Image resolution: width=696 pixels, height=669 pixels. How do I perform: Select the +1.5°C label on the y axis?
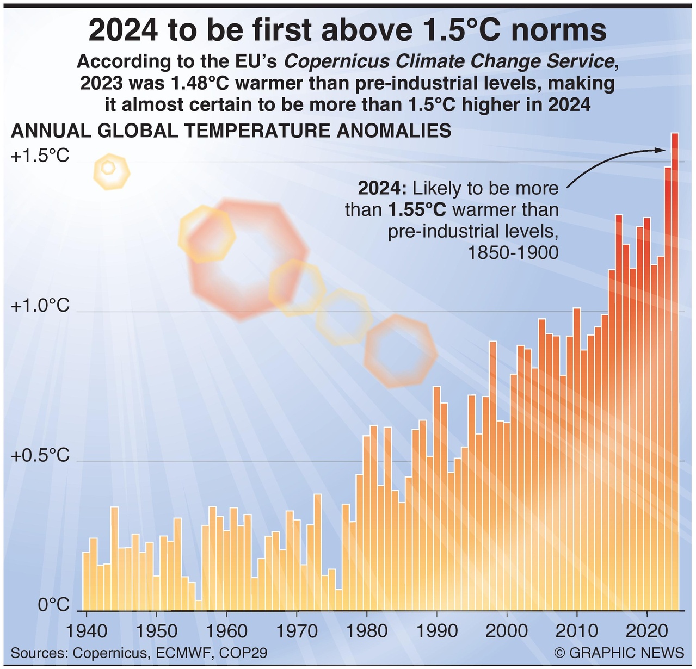[40, 156]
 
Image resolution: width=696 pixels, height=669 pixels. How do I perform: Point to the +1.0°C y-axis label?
[40, 306]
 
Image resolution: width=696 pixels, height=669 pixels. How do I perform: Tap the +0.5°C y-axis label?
[40, 455]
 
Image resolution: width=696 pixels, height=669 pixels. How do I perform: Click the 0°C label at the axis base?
[54, 604]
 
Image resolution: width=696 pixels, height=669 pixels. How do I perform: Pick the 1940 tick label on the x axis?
[85, 631]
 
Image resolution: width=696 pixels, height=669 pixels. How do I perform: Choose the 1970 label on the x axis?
[296, 631]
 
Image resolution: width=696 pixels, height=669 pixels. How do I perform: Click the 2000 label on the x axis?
[507, 631]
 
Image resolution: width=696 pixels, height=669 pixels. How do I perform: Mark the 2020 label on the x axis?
[647, 631]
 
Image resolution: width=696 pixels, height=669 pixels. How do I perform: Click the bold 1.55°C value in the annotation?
[416, 210]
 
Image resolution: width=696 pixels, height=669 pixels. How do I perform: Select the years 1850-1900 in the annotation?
[513, 253]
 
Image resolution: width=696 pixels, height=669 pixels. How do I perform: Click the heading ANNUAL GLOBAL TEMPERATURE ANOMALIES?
[231, 131]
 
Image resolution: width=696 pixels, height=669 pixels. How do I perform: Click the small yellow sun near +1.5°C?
[111, 171]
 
